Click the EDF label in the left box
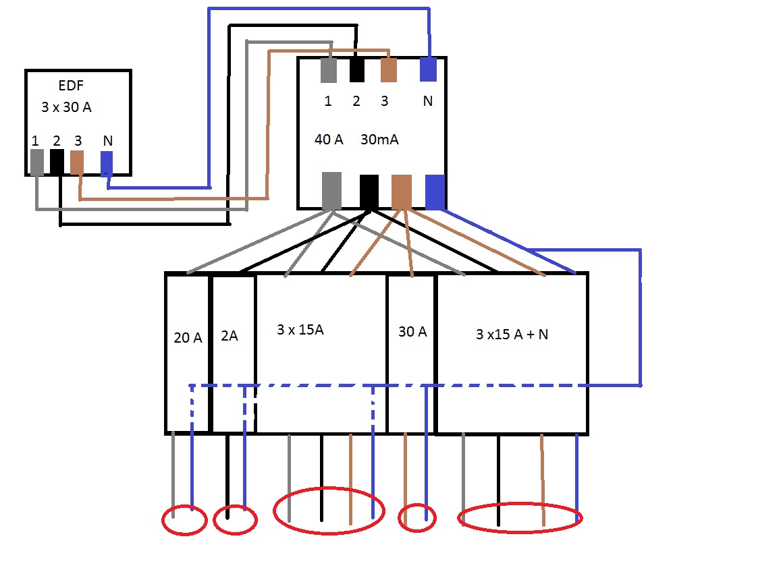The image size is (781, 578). coord(71,86)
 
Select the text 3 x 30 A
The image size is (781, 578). coord(66,107)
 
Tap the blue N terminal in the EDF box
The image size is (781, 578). coord(107,163)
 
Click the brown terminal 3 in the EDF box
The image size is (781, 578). coord(77,163)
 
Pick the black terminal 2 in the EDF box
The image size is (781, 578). coord(57,162)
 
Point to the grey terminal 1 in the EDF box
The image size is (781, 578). coord(37,162)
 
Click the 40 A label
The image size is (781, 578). coord(329,140)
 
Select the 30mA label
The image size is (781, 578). coord(380,140)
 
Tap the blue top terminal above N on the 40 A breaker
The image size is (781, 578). coord(428,69)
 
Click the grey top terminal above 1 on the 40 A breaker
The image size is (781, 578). coord(329,70)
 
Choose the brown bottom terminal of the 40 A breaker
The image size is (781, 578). coord(402,191)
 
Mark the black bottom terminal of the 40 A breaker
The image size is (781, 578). coord(369,191)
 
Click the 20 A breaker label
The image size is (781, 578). coord(188,338)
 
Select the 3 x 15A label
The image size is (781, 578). coord(300,330)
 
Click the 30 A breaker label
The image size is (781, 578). coord(412,332)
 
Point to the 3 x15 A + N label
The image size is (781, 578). coord(512,334)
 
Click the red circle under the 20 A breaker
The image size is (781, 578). coord(184,520)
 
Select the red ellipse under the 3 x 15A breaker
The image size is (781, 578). coord(329,511)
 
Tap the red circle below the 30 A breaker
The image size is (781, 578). coord(417,518)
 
